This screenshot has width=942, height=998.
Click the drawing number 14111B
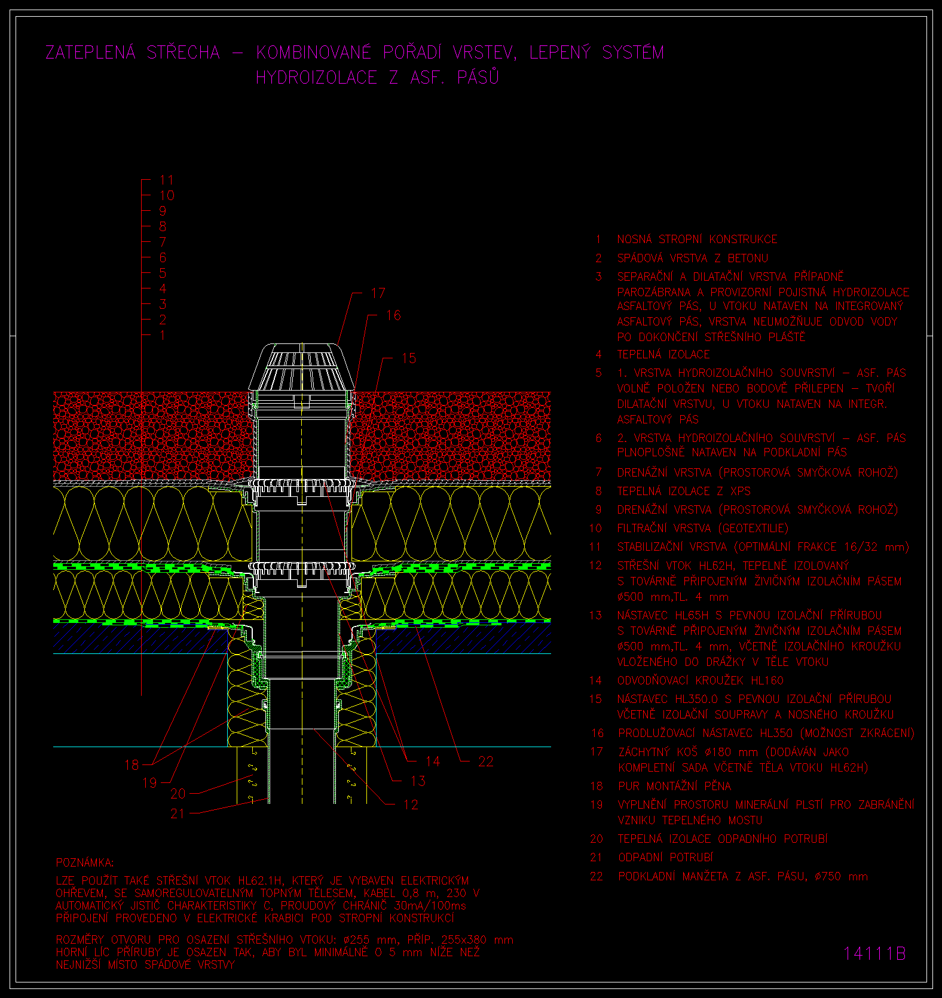coord(874,953)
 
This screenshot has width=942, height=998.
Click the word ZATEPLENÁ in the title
coord(91,53)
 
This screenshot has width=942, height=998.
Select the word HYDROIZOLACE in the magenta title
coord(316,78)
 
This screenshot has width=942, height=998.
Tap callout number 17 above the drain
coord(378,293)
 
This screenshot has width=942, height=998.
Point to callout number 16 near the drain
coord(393,315)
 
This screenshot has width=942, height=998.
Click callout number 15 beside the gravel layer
coord(409,358)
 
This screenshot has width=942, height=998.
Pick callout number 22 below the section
coord(486,761)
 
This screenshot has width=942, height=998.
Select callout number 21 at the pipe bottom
coord(178,813)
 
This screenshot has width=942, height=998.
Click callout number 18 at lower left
coord(131,765)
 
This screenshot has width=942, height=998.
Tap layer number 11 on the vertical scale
coord(166,180)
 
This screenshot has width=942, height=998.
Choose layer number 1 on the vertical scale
coord(163,336)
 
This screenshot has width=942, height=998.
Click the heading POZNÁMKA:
coord(85,862)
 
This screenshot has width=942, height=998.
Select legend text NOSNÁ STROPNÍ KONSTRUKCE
coord(697,239)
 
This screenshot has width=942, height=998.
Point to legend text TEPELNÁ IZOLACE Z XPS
coord(684,491)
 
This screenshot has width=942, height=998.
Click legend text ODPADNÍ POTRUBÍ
coord(666,857)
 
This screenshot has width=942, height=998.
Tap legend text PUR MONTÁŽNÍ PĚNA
coord(675,786)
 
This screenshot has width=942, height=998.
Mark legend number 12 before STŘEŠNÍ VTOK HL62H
coord(595,565)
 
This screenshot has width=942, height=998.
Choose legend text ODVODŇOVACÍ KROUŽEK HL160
coord(700,680)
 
